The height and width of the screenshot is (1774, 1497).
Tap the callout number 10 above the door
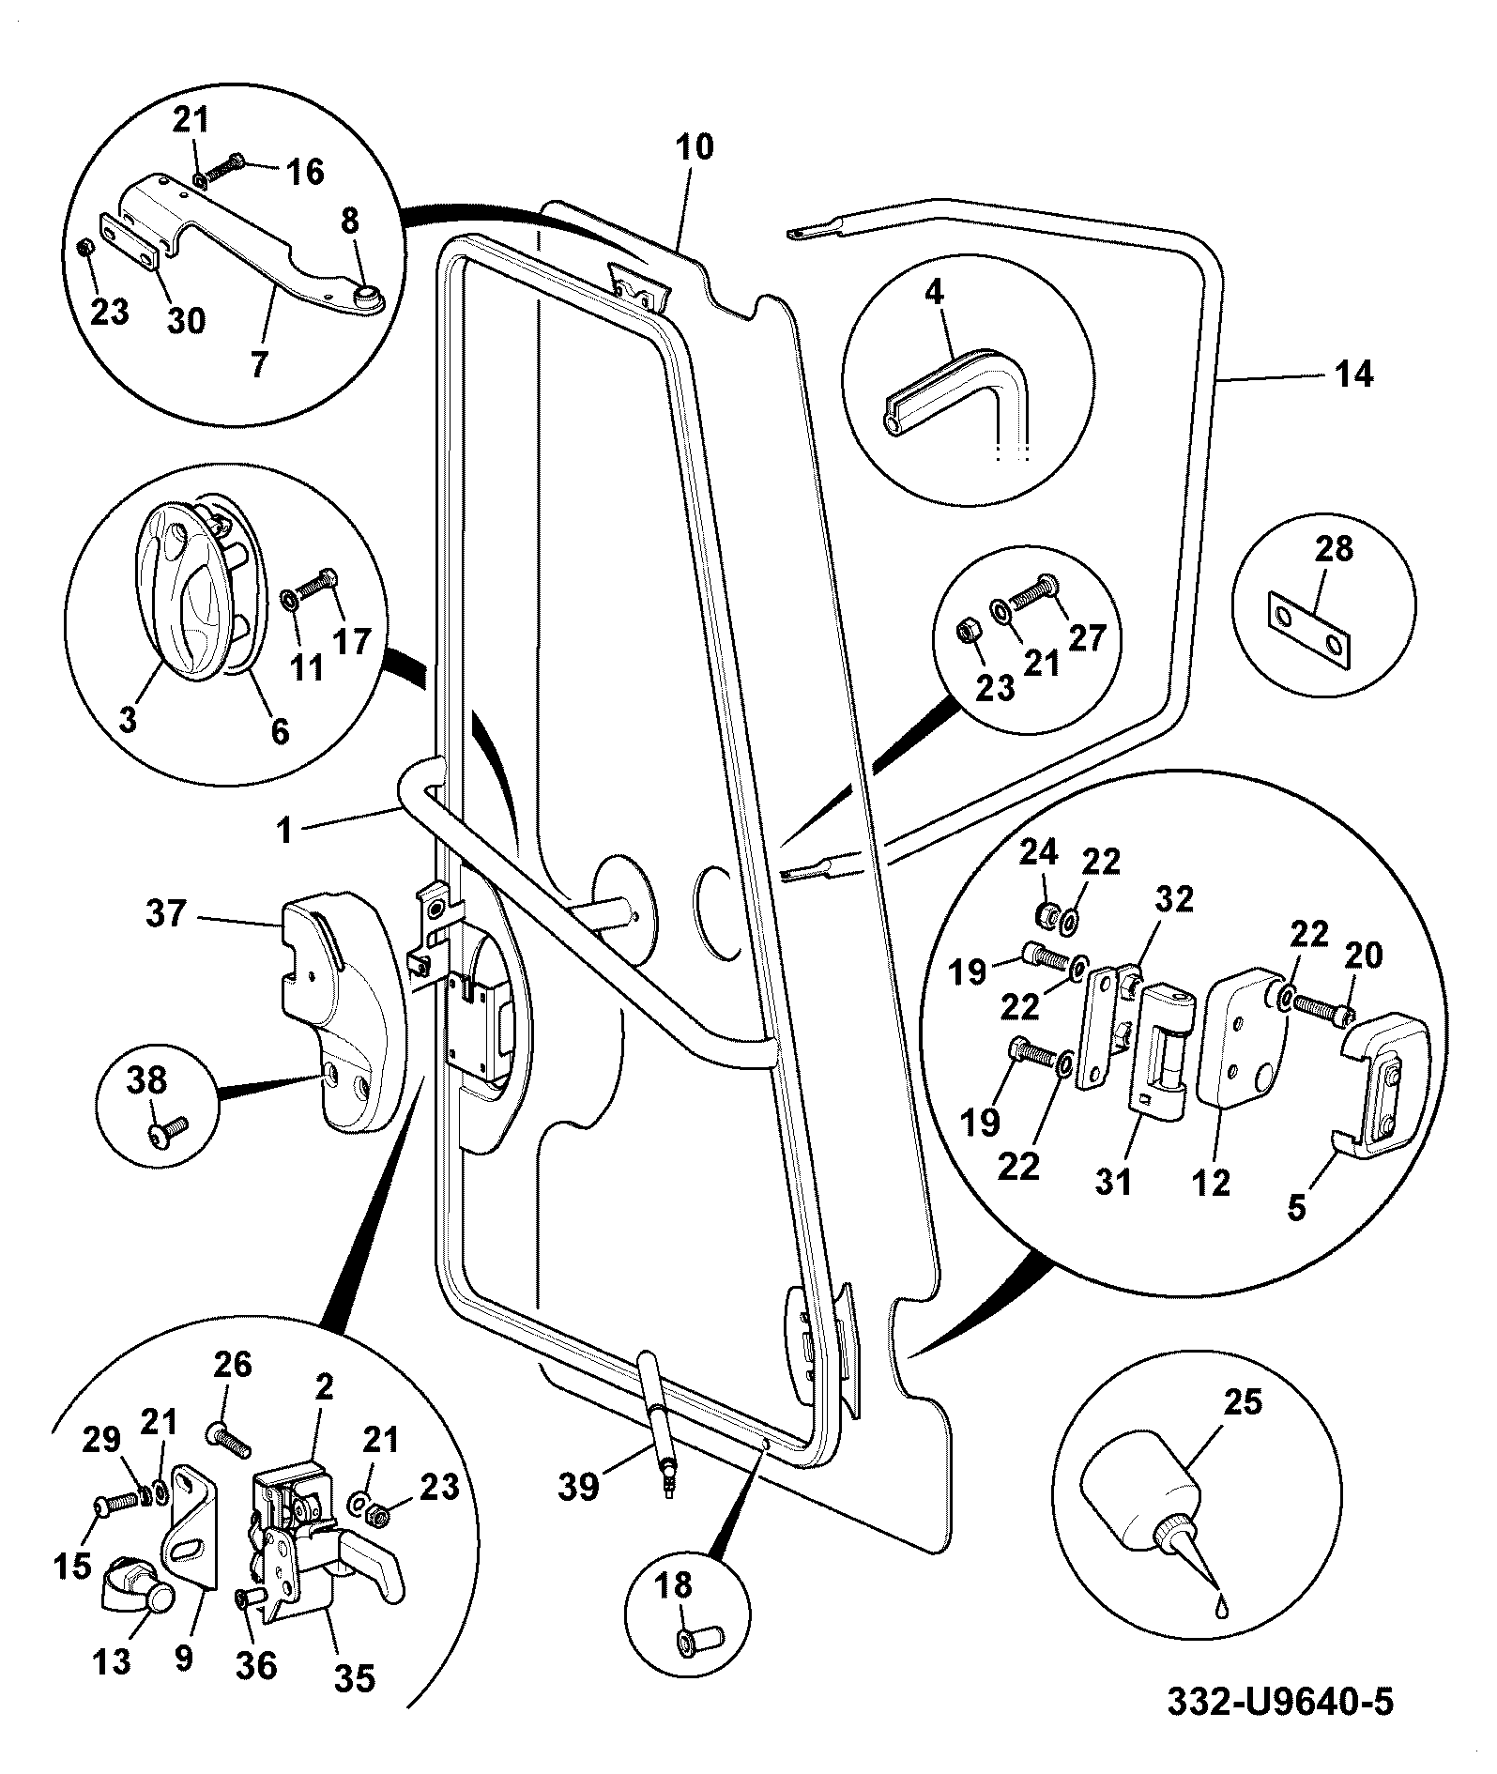click(x=694, y=147)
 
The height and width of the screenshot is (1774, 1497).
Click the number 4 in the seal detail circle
click(x=933, y=293)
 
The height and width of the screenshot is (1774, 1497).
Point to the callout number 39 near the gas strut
click(x=579, y=1486)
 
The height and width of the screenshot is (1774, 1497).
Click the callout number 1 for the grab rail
click(x=284, y=830)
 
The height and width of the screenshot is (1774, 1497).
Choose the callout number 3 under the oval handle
click(x=129, y=720)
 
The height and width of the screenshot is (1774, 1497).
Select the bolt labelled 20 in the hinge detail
click(x=1323, y=1006)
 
